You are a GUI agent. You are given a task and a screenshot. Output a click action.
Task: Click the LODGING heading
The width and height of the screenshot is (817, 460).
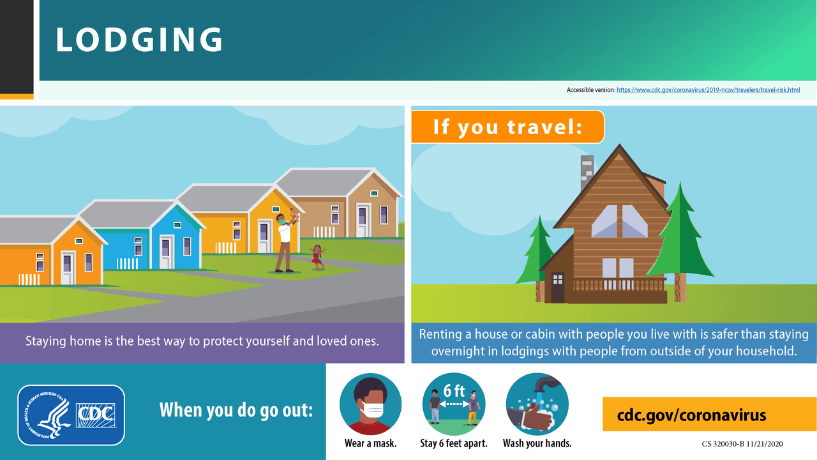(139, 40)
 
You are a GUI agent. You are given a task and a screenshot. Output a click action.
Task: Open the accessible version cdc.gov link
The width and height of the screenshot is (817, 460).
(708, 90)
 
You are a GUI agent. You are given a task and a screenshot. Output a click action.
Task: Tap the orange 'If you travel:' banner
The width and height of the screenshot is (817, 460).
(507, 126)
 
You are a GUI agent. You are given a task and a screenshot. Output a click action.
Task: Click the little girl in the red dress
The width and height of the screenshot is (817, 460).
(317, 256)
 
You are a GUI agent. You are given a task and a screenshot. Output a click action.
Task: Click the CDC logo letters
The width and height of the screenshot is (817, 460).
(95, 415)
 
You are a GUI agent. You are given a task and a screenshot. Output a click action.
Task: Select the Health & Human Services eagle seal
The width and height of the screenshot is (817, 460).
(46, 415)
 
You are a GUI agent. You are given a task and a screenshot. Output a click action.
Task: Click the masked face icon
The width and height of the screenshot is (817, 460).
(370, 404)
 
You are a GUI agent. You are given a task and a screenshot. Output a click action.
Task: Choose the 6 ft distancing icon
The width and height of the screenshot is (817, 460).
(454, 404)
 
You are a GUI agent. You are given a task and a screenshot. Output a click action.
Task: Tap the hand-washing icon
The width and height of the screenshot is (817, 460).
(537, 404)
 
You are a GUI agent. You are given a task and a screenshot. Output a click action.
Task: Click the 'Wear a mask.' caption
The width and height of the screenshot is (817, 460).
(370, 443)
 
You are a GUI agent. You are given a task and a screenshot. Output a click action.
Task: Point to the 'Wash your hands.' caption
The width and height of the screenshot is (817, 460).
(537, 443)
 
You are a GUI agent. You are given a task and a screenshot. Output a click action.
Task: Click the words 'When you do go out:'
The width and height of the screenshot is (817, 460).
(236, 410)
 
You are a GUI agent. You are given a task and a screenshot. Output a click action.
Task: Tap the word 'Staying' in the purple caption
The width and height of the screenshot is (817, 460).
(46, 341)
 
